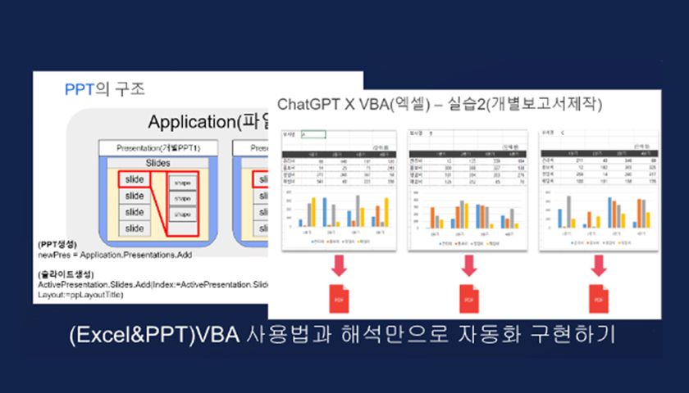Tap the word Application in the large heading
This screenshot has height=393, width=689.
191,122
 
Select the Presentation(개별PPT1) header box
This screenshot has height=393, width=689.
159,148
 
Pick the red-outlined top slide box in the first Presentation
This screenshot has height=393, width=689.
134,179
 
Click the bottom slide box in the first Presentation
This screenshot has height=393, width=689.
134,228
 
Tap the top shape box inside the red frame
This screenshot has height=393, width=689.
182,182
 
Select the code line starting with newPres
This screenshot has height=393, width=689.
115,255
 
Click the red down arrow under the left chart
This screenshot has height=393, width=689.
338,264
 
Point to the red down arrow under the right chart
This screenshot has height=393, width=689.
600,264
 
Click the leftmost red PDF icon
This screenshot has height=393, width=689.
338,298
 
